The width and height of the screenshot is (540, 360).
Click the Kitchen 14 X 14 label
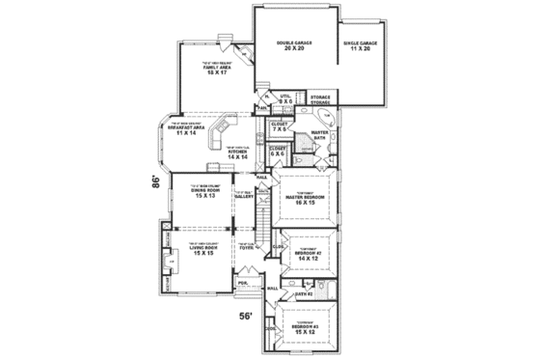click(238, 153)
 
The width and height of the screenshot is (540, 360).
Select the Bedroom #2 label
click(310, 256)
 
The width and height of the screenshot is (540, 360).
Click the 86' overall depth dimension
click(155, 180)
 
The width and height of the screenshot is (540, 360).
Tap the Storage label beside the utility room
click(321, 100)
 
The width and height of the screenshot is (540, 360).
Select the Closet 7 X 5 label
click(282, 125)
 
